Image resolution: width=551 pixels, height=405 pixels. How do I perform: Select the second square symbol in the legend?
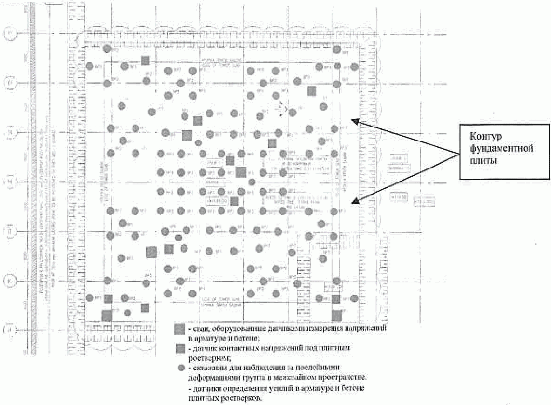[x=180, y=349]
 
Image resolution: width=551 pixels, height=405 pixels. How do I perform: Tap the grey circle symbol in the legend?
[x=181, y=368]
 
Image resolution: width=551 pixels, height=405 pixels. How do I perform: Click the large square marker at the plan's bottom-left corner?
[x=107, y=315]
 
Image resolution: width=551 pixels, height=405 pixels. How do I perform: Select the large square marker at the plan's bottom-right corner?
[x=336, y=315]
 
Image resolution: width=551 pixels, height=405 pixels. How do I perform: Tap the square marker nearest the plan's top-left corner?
[x=145, y=60]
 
